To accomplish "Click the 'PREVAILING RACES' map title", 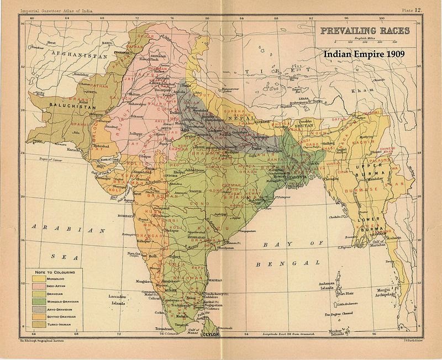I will (362, 31).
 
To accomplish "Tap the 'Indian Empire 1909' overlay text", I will (363, 56).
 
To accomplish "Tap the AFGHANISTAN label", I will (63, 55).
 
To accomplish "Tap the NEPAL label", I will (245, 118).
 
